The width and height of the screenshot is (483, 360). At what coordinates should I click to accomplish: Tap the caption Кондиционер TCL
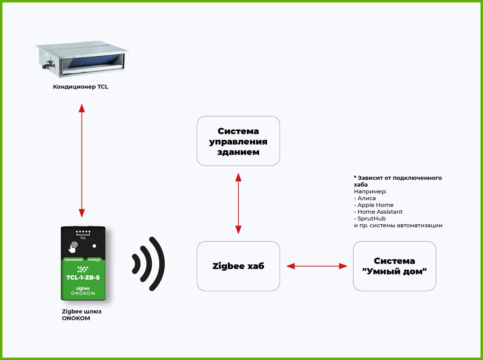(80, 87)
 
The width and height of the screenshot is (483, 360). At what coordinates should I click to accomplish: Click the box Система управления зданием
(238, 141)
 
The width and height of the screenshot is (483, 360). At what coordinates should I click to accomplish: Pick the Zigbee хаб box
(238, 266)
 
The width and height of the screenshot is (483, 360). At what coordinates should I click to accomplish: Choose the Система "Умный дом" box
(394, 266)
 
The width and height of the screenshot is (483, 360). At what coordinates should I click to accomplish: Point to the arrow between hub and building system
(238, 203)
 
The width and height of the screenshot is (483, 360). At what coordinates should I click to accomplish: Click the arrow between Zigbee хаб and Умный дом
(317, 266)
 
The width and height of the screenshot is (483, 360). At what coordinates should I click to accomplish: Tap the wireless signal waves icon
(149, 264)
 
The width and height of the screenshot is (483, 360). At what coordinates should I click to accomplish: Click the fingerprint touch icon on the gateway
(73, 247)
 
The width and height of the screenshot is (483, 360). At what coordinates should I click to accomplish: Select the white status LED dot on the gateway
(94, 246)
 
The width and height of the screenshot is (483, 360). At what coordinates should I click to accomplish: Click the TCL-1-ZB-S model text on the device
(83, 277)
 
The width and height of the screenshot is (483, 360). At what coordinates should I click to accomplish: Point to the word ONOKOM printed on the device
(83, 293)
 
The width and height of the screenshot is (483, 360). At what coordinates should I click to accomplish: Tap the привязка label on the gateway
(73, 260)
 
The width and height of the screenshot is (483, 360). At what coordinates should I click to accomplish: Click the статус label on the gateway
(94, 260)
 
